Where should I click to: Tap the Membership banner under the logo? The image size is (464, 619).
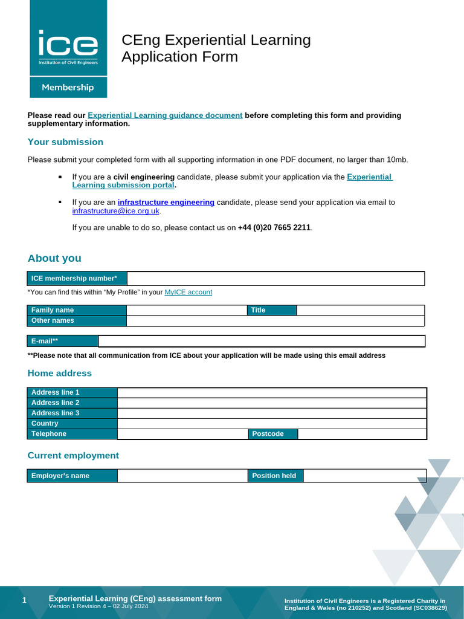click(68, 88)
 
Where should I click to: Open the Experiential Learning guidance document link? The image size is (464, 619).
click(165, 115)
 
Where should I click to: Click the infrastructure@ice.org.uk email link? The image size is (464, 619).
click(116, 212)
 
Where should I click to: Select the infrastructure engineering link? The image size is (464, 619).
click(166, 203)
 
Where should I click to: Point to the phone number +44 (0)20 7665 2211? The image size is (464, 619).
click(274, 228)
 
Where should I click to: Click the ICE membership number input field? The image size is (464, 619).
click(275, 279)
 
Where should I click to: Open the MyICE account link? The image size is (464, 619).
click(188, 293)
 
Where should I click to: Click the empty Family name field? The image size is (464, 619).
click(187, 310)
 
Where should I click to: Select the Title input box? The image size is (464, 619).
click(360, 310)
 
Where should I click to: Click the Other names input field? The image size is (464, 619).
click(275, 321)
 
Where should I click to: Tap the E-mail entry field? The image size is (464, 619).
click(262, 342)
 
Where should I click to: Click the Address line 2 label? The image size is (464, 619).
click(55, 403)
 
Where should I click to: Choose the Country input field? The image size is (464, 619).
click(272, 424)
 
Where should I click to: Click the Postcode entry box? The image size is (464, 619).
click(362, 434)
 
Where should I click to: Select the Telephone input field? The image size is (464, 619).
click(182, 434)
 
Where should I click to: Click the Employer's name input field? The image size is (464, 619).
click(182, 476)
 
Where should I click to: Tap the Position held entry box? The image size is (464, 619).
click(364, 476)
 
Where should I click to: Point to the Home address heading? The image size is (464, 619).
click(60, 374)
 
